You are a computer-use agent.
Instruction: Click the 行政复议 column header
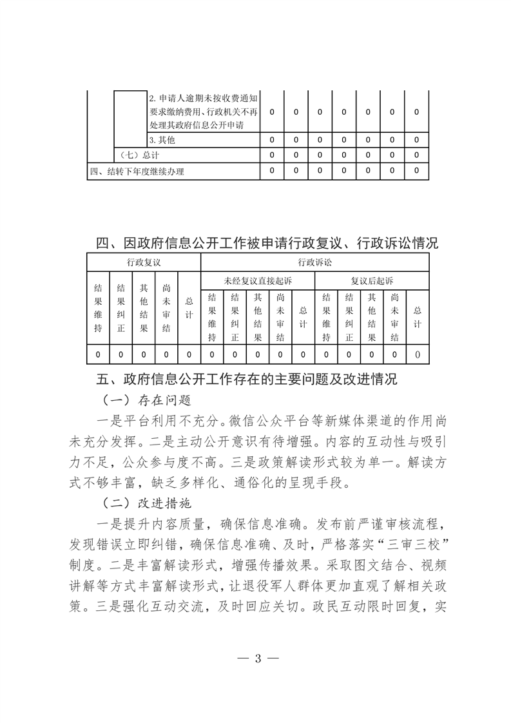tap(144, 262)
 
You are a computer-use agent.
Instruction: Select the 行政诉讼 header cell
tap(314, 262)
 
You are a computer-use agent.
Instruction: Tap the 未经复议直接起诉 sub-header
tap(258, 280)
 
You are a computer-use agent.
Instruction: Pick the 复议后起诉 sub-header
tap(372, 280)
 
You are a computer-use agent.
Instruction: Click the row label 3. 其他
tap(162, 140)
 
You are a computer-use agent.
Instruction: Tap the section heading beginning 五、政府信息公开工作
tap(255, 379)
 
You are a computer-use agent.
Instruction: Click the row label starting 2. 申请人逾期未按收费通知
tap(203, 111)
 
